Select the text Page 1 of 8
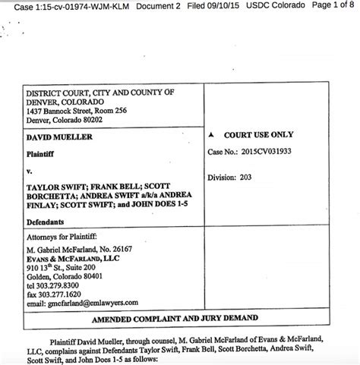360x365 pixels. pyautogui.click(x=333, y=7)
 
